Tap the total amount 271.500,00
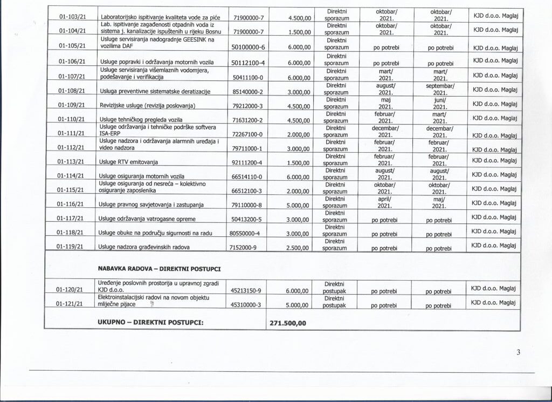[287, 324]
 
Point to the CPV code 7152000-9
[245, 247]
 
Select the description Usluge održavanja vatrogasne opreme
[146, 219]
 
